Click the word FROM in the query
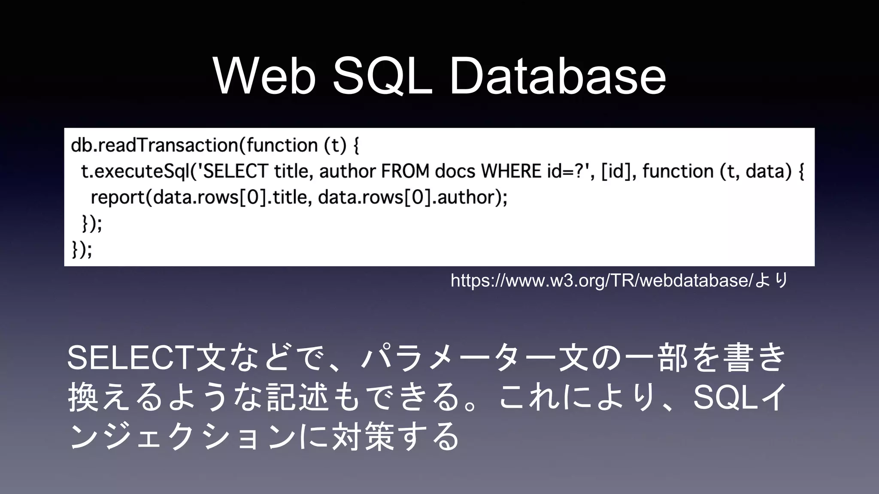[405, 172]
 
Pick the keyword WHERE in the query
[511, 172]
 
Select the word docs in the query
[455, 172]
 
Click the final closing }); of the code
[82, 249]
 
